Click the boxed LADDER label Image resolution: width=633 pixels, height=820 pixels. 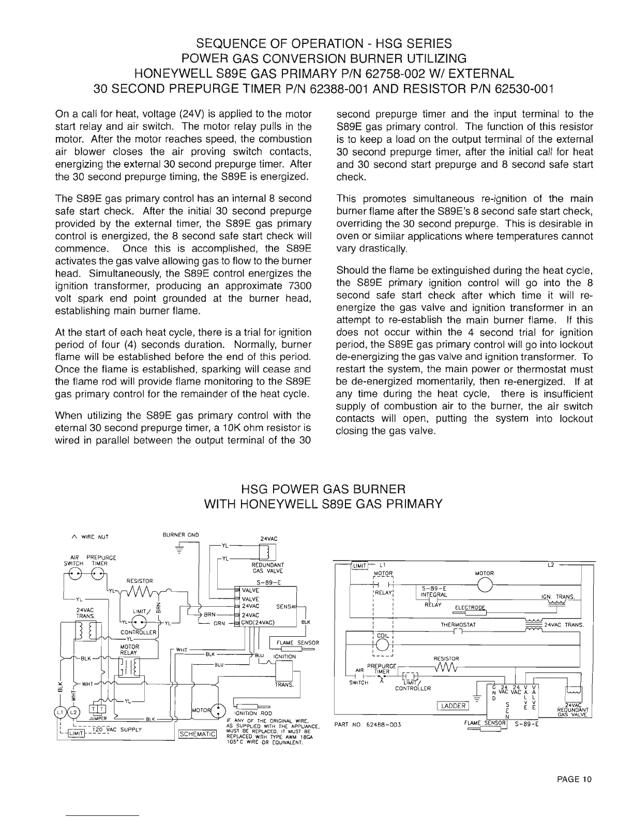(x=453, y=706)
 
